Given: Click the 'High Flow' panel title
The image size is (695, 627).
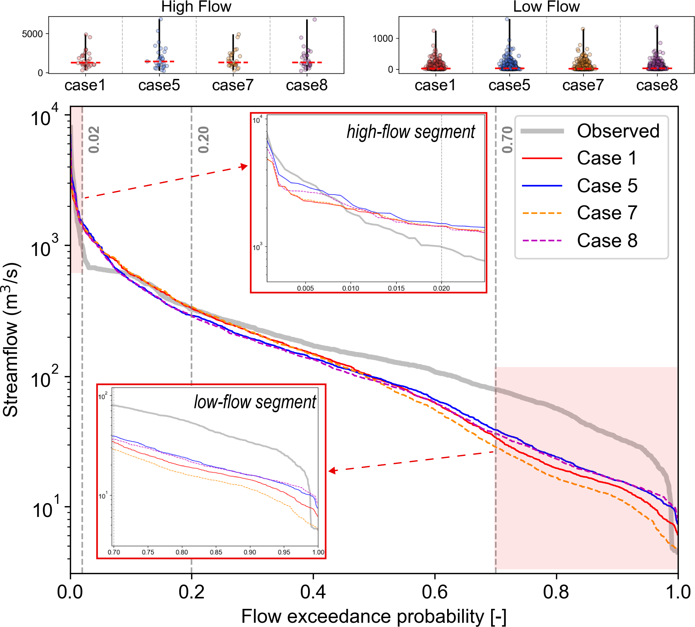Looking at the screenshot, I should point(196,7).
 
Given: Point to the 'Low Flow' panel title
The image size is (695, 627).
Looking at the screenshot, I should point(546,7).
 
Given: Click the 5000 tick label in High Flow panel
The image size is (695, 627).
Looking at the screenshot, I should point(32,34).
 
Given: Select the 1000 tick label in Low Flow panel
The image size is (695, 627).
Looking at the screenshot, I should point(383,38).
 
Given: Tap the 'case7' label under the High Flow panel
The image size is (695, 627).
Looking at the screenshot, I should point(233,85).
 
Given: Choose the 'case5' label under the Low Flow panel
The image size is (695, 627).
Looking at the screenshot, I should point(509,85).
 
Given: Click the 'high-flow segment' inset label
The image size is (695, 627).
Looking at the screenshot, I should point(411,132).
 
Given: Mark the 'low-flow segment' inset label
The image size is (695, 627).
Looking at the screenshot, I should point(255,402).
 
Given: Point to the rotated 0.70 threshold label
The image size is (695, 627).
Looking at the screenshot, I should point(507,140).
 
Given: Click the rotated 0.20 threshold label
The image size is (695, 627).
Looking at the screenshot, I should point(203,140).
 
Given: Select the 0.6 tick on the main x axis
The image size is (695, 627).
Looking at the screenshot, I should point(435,592).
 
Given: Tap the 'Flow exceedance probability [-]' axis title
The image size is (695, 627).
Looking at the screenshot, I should point(374,616).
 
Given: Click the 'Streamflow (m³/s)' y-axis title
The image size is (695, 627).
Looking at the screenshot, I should point(11,340).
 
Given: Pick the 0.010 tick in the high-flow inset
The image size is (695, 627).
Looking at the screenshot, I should point(351,288).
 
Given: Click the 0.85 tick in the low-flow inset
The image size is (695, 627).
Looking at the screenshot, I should point(216,552).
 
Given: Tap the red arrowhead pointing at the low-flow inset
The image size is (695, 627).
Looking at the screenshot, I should point(332,471).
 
